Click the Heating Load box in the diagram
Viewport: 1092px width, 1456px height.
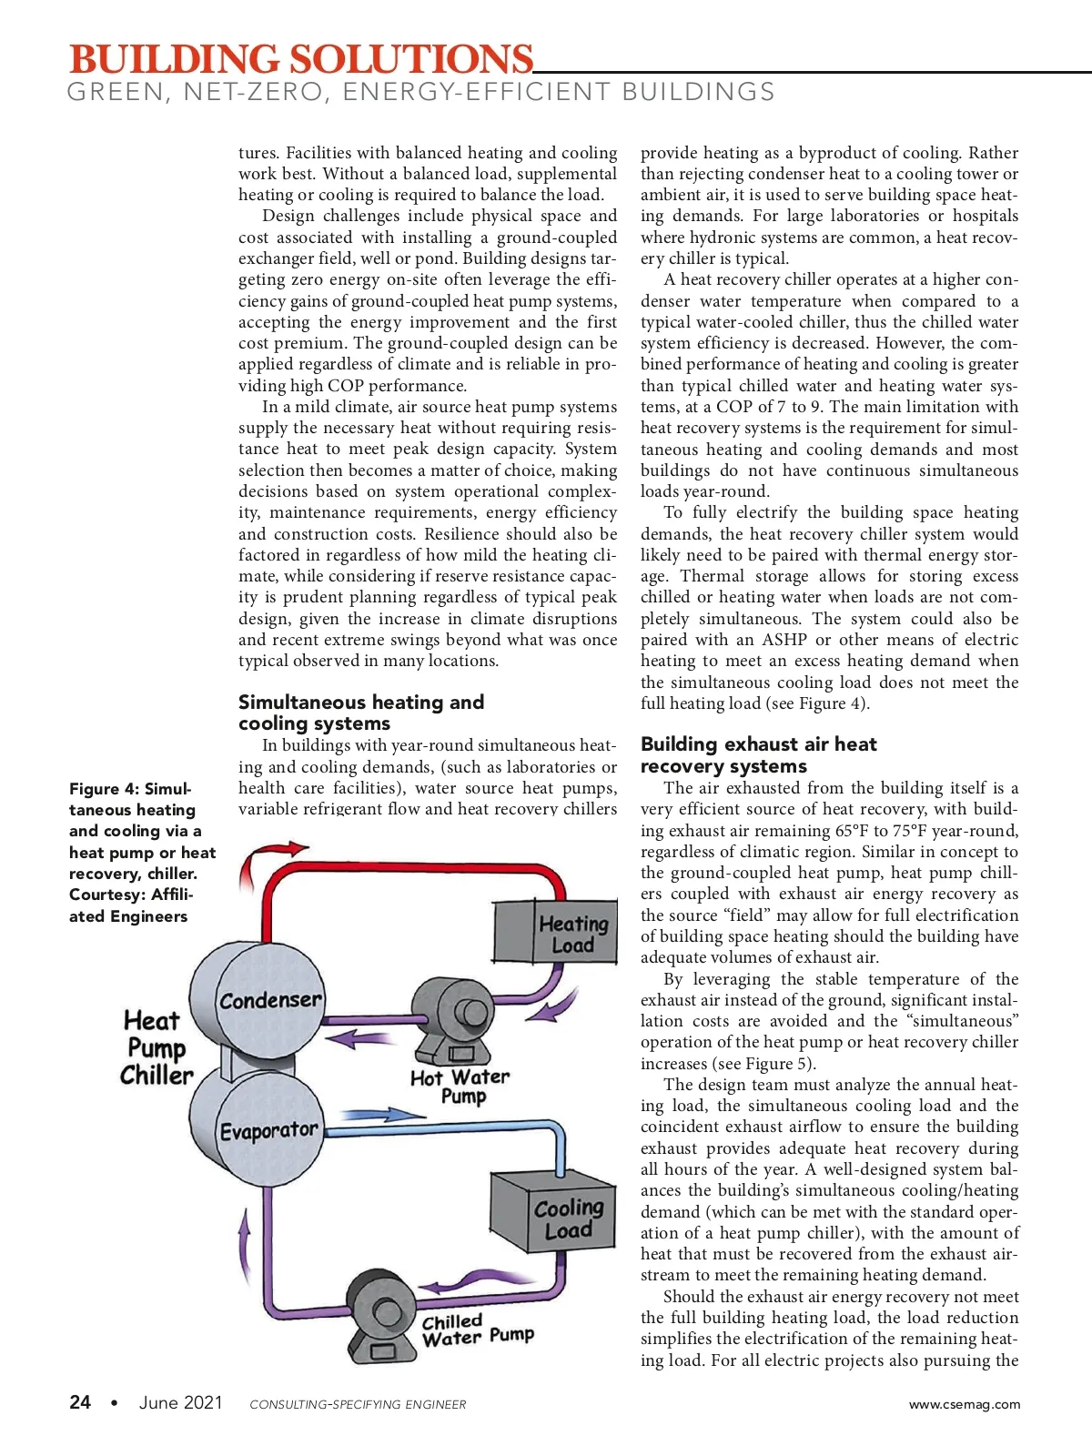(556, 931)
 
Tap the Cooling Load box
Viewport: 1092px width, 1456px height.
(553, 1211)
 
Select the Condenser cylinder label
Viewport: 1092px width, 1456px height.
(270, 999)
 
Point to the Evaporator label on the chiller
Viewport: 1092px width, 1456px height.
(269, 1129)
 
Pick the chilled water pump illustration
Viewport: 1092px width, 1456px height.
(382, 1316)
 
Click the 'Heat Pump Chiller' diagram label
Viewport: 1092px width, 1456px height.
(157, 1047)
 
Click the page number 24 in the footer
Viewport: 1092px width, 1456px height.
(80, 1401)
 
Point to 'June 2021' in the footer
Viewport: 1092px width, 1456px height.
(180, 1402)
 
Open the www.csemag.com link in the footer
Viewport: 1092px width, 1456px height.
(964, 1404)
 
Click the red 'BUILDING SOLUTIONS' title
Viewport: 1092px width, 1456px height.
(301, 59)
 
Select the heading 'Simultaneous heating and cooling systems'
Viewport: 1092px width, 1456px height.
(361, 713)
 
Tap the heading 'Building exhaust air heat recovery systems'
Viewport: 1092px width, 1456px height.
(759, 755)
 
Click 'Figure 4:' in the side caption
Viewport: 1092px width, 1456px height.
(104, 789)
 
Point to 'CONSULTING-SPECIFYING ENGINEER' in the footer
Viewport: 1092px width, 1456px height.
(358, 1404)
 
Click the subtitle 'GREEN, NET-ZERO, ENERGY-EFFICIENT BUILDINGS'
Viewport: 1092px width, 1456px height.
(421, 92)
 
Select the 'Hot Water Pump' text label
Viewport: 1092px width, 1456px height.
(460, 1087)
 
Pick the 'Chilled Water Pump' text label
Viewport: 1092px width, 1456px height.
(478, 1330)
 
